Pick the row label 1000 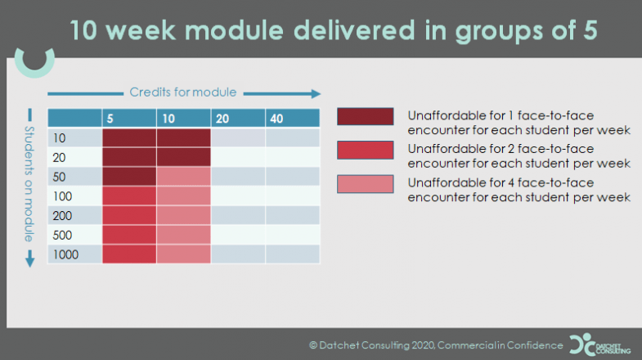pos(65,254)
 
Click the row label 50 pos(60,176)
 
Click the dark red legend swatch pos(365,117)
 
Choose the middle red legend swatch pos(365,151)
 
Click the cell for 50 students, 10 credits pos(183,176)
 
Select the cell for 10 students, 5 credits pos(128,137)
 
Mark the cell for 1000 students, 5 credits pos(128,254)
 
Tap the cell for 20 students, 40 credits pos(292,156)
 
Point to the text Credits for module pos(183,92)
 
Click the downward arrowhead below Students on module pos(29,259)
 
